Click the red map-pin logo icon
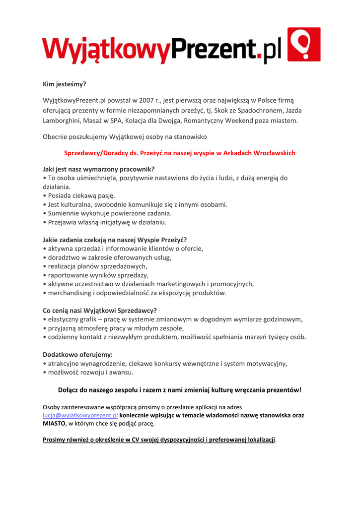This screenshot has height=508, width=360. tap(304, 44)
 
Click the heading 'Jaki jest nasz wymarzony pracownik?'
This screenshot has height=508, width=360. tap(99, 169)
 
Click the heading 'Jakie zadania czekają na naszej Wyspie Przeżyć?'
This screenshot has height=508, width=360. tap(115, 240)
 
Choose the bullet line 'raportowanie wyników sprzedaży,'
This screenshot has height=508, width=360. tap(98, 275)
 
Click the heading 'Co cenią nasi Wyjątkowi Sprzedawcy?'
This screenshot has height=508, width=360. tap(100, 311)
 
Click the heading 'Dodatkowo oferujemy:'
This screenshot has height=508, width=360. tap(78, 355)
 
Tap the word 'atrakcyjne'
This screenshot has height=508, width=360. tap(63, 364)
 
